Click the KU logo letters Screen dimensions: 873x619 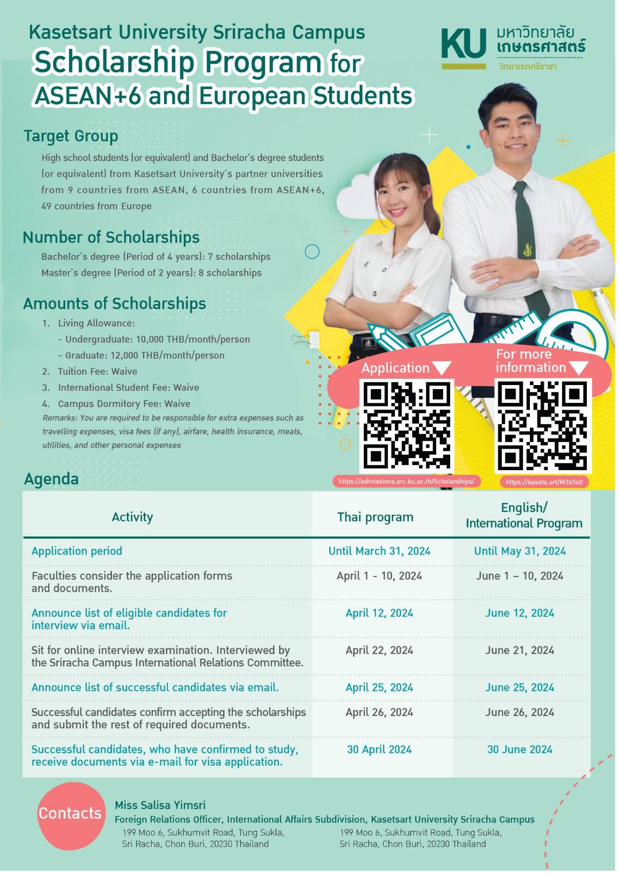[463, 44]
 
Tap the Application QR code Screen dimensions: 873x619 [406, 425]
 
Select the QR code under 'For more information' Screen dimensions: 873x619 [543, 425]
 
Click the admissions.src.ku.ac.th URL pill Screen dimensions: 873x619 [406, 482]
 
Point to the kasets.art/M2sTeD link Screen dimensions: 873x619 [544, 482]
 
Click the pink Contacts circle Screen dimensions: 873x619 [70, 814]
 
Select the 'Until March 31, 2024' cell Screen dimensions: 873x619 [379, 551]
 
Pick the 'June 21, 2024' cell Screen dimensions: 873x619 [520, 650]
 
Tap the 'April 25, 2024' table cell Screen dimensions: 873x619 [379, 687]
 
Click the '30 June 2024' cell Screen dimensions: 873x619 [520, 749]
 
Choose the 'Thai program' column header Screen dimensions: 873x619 [375, 517]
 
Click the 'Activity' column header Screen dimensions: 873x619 [132, 517]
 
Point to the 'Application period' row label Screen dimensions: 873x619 [77, 551]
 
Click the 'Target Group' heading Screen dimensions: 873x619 [71, 136]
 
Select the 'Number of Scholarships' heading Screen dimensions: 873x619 [111, 237]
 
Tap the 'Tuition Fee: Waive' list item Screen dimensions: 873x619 [97, 372]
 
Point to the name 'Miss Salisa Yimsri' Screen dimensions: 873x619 [160, 805]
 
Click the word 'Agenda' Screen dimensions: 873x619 [51, 479]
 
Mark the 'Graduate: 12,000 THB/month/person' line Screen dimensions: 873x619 [144, 356]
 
